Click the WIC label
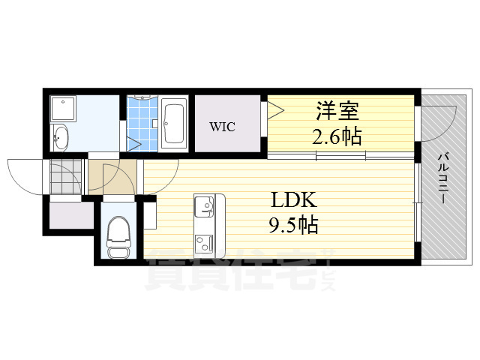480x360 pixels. click(222, 127)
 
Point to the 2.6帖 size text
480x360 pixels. click(337, 137)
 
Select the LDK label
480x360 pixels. click(294, 201)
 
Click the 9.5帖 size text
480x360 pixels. click(294, 224)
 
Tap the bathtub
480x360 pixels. click(173, 122)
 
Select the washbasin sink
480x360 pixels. click(61, 138)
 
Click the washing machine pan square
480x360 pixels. click(64, 111)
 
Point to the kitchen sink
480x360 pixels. click(205, 204)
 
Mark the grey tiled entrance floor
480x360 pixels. click(66, 176)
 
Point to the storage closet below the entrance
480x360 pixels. click(71, 217)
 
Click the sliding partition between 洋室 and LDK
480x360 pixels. click(341, 156)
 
